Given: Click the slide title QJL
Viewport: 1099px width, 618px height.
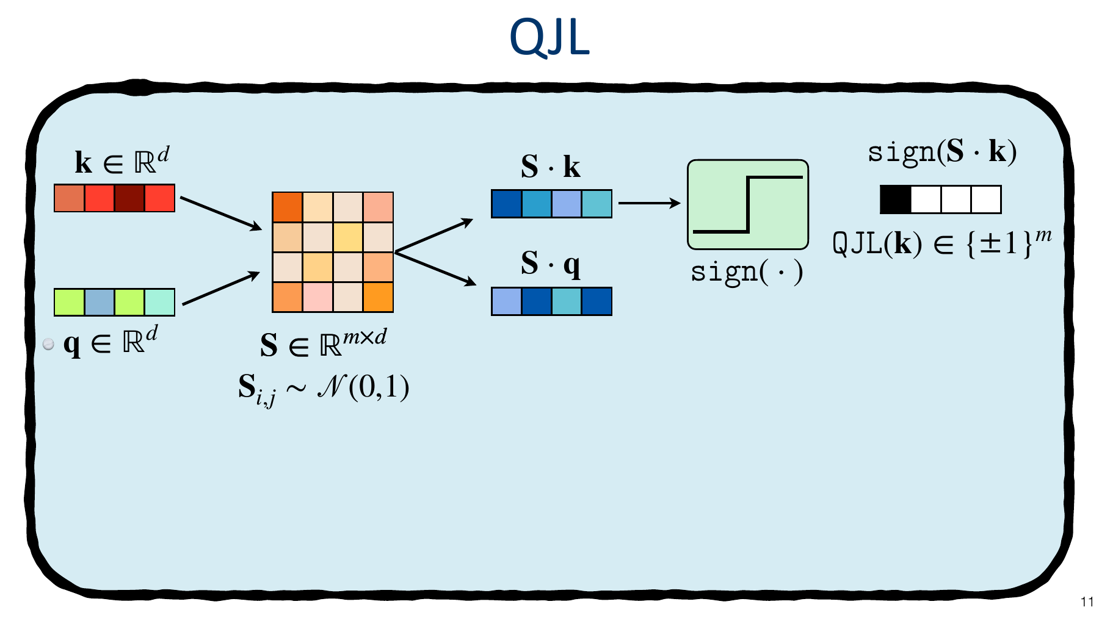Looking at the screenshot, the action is [x=549, y=38].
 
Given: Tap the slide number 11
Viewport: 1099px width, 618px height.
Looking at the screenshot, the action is [x=1087, y=602].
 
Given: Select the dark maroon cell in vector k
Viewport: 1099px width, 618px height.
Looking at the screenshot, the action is [x=129, y=198].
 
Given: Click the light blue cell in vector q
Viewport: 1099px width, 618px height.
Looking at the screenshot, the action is [x=100, y=302].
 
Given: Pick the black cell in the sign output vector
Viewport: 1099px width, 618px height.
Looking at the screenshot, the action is [x=896, y=199].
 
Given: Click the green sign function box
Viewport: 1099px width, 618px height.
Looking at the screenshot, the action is [x=748, y=205].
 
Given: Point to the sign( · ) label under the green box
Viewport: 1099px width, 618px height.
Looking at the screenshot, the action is [x=747, y=271].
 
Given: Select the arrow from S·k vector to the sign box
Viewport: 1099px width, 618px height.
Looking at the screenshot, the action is [x=649, y=203].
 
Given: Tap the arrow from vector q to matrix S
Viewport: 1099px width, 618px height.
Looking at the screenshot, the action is [x=221, y=288].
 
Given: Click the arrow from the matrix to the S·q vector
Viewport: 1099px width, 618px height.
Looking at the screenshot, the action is [x=436, y=268].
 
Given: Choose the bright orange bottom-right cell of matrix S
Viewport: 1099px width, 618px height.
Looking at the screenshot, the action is [x=378, y=297].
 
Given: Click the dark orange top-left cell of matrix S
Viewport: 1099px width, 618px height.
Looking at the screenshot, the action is [x=288, y=207].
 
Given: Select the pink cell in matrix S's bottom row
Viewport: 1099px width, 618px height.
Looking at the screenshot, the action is [x=317, y=297].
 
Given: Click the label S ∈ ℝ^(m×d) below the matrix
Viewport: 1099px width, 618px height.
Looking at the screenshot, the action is [x=324, y=343].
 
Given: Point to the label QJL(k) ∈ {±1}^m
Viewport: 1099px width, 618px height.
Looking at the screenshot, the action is [x=942, y=243].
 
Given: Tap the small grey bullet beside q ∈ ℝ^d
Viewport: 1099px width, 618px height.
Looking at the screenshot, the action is [x=49, y=344].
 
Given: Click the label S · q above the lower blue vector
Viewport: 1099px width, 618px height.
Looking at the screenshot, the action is [x=551, y=264].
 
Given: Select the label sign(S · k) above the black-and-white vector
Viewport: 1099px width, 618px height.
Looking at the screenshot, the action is [x=942, y=152].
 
